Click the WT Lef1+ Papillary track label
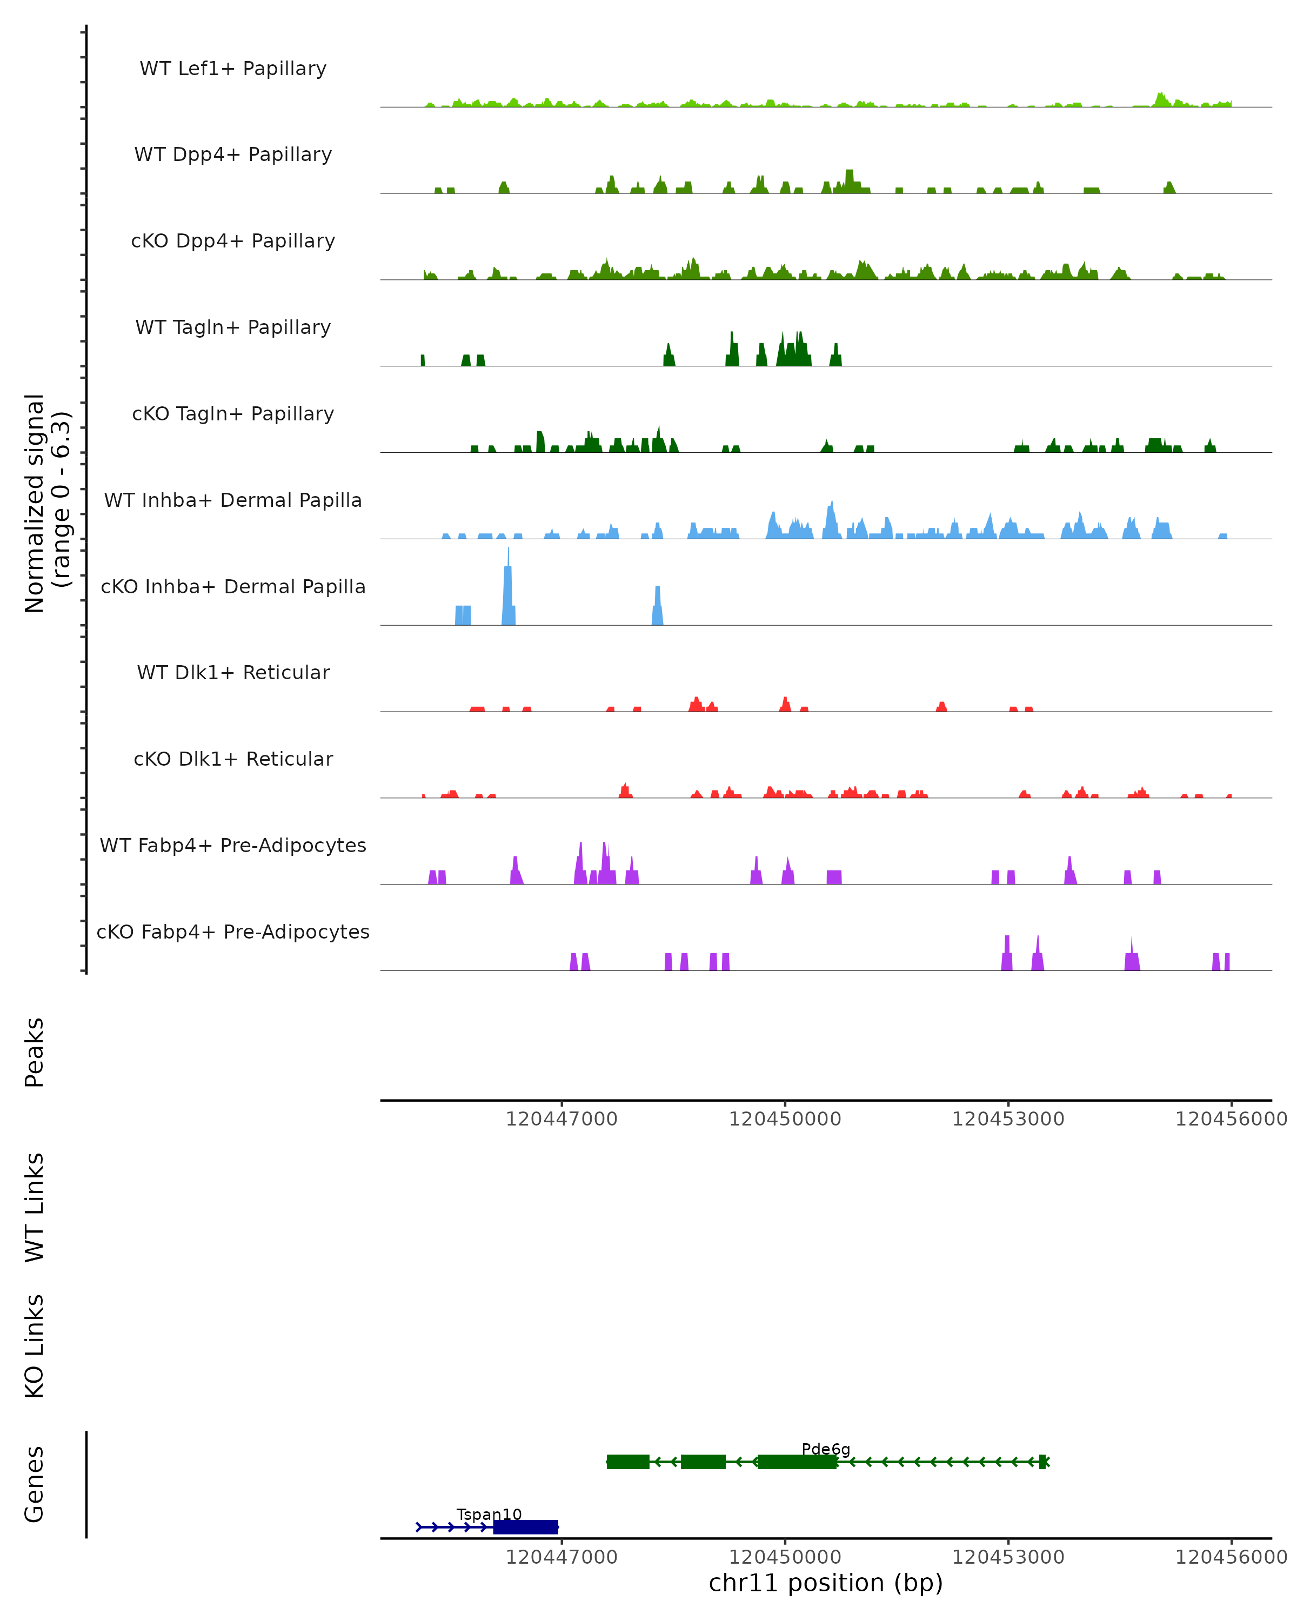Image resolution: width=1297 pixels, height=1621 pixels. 233,69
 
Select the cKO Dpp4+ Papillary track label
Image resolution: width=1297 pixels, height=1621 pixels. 233,242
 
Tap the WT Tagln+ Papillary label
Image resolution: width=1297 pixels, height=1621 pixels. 233,328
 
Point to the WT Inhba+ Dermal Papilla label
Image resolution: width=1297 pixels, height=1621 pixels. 233,501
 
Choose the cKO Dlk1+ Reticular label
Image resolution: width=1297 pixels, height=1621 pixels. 233,759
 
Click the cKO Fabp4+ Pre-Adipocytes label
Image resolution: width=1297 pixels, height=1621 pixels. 233,932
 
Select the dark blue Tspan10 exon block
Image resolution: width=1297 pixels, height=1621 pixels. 526,1526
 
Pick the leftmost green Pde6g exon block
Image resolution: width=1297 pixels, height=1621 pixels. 628,1462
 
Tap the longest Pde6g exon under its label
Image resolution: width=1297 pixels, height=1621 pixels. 797,1462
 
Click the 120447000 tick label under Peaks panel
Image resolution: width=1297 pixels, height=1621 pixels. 561,1119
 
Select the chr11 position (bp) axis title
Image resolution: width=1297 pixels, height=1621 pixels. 826,1583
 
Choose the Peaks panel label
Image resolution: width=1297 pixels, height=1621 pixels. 35,1052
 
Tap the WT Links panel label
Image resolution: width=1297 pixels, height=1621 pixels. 35,1207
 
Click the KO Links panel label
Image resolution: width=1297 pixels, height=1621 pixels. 35,1346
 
